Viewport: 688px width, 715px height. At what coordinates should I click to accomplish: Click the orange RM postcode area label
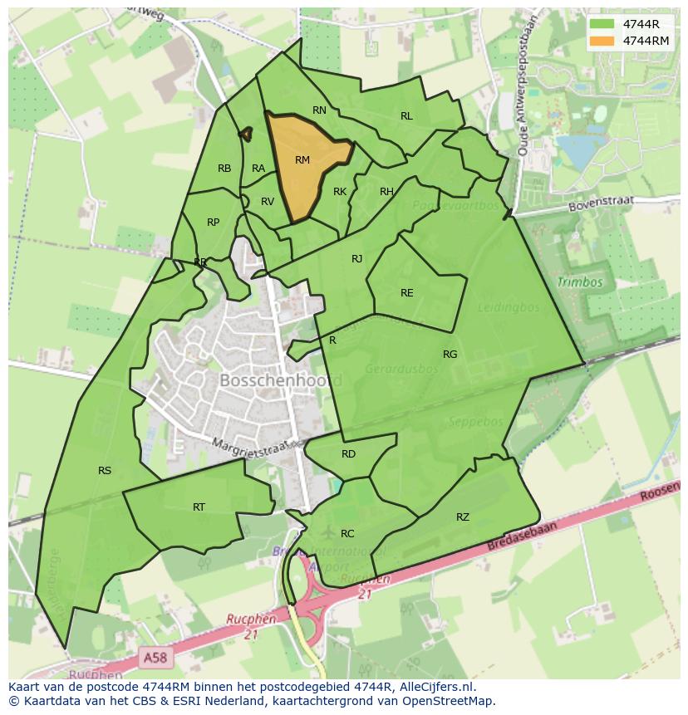click(x=302, y=159)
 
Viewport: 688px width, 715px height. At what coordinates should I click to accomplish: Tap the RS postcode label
click(x=105, y=471)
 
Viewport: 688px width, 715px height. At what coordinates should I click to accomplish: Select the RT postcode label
click(x=199, y=507)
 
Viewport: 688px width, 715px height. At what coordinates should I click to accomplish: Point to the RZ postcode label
click(x=463, y=517)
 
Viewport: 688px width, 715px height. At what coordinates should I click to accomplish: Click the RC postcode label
click(x=347, y=534)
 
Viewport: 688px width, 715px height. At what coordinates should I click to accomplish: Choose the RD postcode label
click(x=348, y=454)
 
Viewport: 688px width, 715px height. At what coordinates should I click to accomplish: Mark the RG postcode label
click(x=450, y=355)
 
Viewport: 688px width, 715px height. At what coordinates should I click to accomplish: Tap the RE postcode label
click(x=406, y=293)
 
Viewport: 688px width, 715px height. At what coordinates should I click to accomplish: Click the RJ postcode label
click(x=357, y=259)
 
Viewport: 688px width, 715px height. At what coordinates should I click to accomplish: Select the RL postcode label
click(x=406, y=116)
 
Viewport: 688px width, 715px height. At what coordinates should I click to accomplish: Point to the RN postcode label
click(x=319, y=110)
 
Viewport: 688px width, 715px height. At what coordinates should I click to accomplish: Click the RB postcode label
click(x=224, y=169)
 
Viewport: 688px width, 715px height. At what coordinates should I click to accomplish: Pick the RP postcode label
click(x=214, y=223)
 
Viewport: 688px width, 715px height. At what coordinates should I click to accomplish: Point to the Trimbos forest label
click(x=580, y=282)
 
